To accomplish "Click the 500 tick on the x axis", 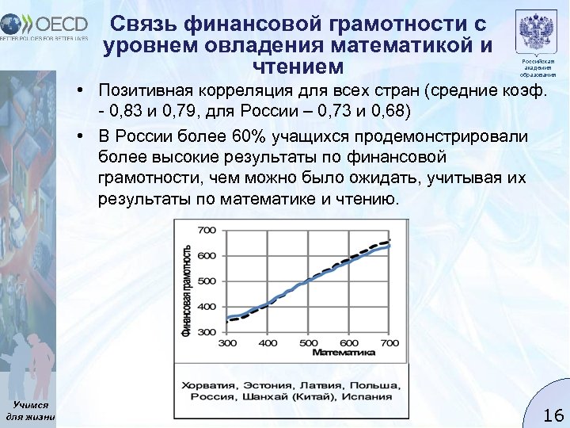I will [308, 343].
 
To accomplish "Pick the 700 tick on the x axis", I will [388, 343].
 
